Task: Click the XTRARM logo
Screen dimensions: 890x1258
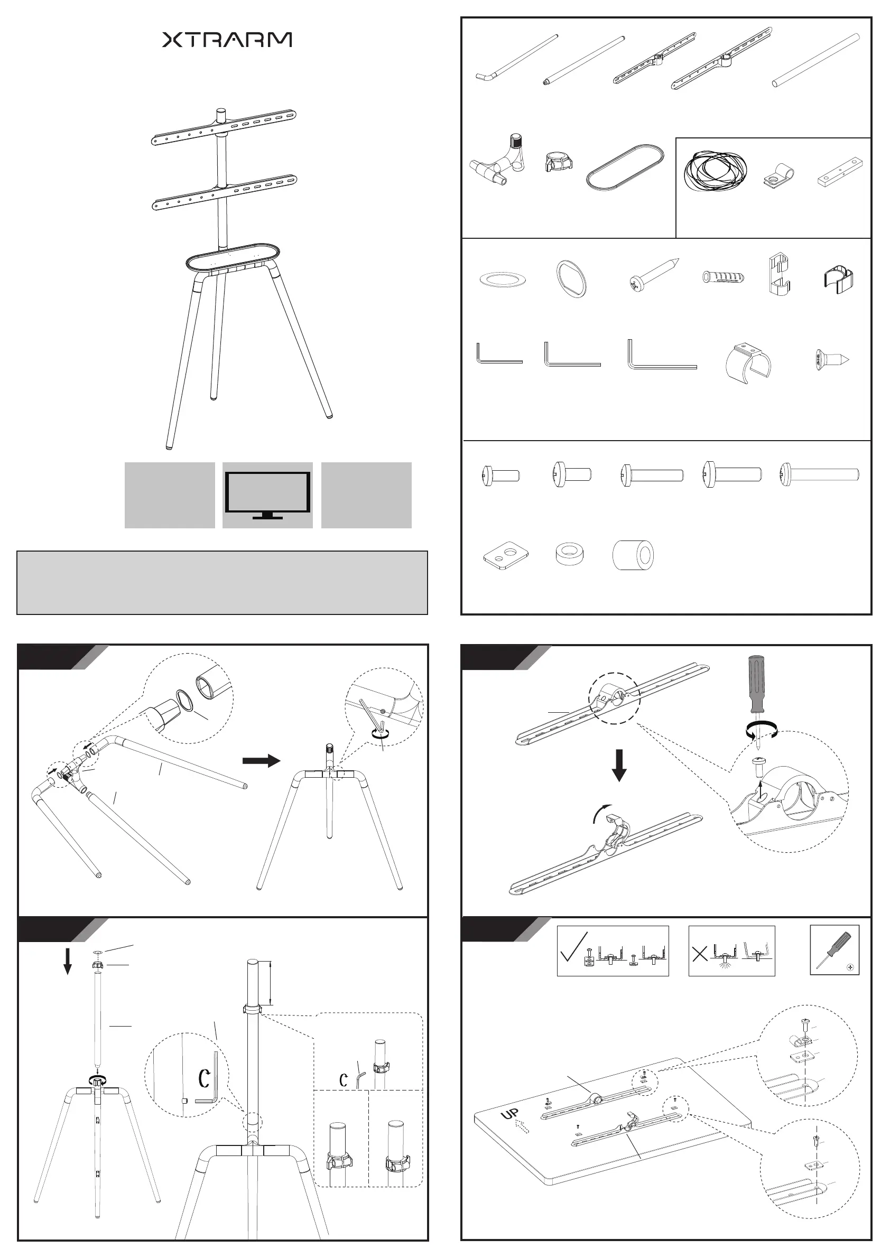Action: (x=227, y=40)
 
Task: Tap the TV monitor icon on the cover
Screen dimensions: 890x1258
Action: (x=267, y=495)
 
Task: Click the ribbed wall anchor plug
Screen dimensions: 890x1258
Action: (x=723, y=276)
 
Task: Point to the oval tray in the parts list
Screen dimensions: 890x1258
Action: (x=625, y=167)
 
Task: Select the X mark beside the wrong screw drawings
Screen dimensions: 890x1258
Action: (x=700, y=954)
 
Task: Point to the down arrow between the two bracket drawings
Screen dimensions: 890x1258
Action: (x=619, y=766)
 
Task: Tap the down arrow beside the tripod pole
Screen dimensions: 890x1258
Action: (x=68, y=962)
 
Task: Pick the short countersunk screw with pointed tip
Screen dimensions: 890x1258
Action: (x=832, y=360)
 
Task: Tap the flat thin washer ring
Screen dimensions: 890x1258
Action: (x=503, y=279)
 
